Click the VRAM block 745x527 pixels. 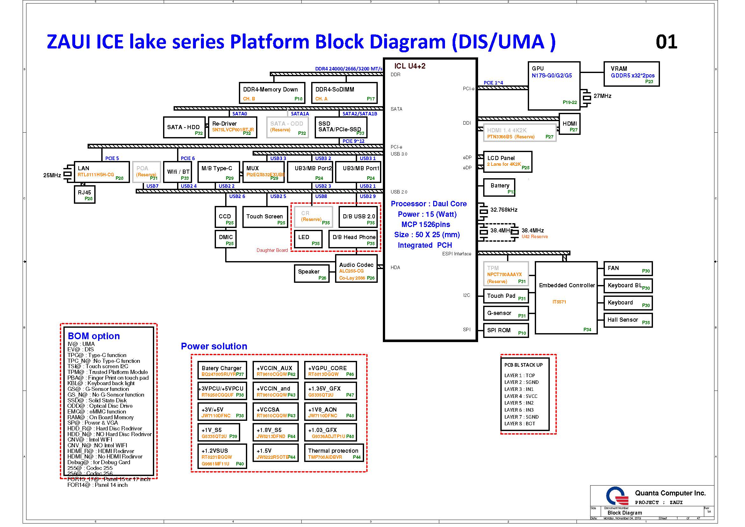631,74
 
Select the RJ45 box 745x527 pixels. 84,194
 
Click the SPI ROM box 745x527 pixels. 505,331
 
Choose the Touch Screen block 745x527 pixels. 265,217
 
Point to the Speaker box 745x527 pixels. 311,274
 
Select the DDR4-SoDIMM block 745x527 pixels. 344,93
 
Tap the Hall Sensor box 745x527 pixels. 627,320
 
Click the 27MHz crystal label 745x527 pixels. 602,96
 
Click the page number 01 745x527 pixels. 666,42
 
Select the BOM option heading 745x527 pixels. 94,336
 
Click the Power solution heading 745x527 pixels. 214,346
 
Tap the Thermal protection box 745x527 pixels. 333,453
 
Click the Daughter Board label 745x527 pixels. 272,250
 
